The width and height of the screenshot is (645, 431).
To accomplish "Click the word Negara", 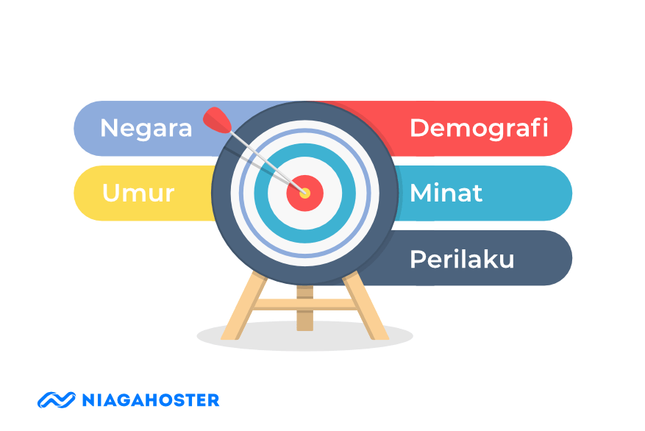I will coord(146,128).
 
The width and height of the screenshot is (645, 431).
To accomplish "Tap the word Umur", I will coord(138,193).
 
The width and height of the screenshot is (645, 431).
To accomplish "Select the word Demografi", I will coord(479,128).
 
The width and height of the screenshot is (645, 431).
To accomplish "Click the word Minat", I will coord(446,193).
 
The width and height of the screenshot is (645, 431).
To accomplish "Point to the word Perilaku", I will coord(461,259).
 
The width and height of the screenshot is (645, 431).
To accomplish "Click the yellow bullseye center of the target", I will coord(305,193).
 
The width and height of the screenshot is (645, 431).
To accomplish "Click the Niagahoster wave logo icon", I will coord(57,400).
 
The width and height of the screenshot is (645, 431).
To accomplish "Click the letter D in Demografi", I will coord(419,128).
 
